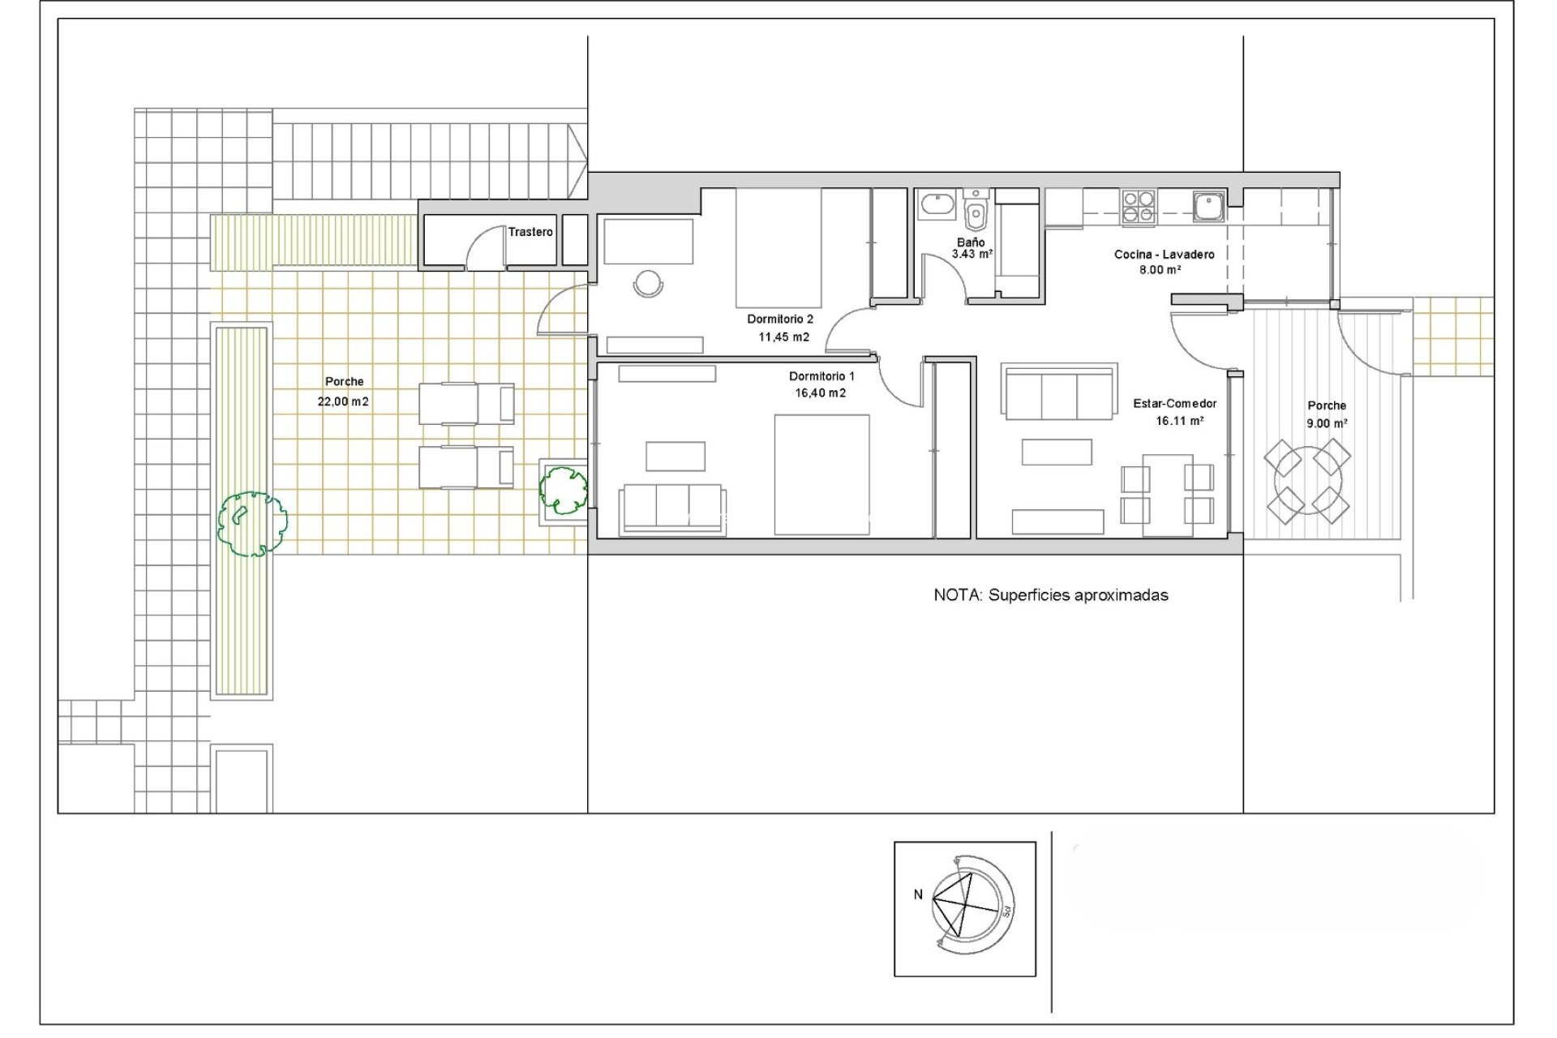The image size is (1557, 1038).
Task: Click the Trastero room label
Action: [530, 232]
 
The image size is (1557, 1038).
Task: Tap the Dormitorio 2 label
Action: [779, 320]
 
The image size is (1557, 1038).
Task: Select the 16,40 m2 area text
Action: [820, 393]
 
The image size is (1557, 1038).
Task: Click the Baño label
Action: [970, 242]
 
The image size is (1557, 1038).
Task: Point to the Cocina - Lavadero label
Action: [1164, 255]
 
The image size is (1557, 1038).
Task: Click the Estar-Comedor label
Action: [1174, 404]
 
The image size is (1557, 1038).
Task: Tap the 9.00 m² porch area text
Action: [1327, 423]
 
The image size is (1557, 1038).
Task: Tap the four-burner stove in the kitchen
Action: [1139, 206]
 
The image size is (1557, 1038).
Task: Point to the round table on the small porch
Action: [1307, 482]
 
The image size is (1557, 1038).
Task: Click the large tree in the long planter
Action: [252, 523]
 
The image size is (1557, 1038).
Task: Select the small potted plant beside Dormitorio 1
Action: [564, 489]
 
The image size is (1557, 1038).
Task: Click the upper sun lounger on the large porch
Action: [465, 404]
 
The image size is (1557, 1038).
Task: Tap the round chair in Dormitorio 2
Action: [648, 283]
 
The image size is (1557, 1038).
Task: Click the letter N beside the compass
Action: [918, 894]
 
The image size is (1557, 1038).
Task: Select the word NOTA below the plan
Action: [957, 595]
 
